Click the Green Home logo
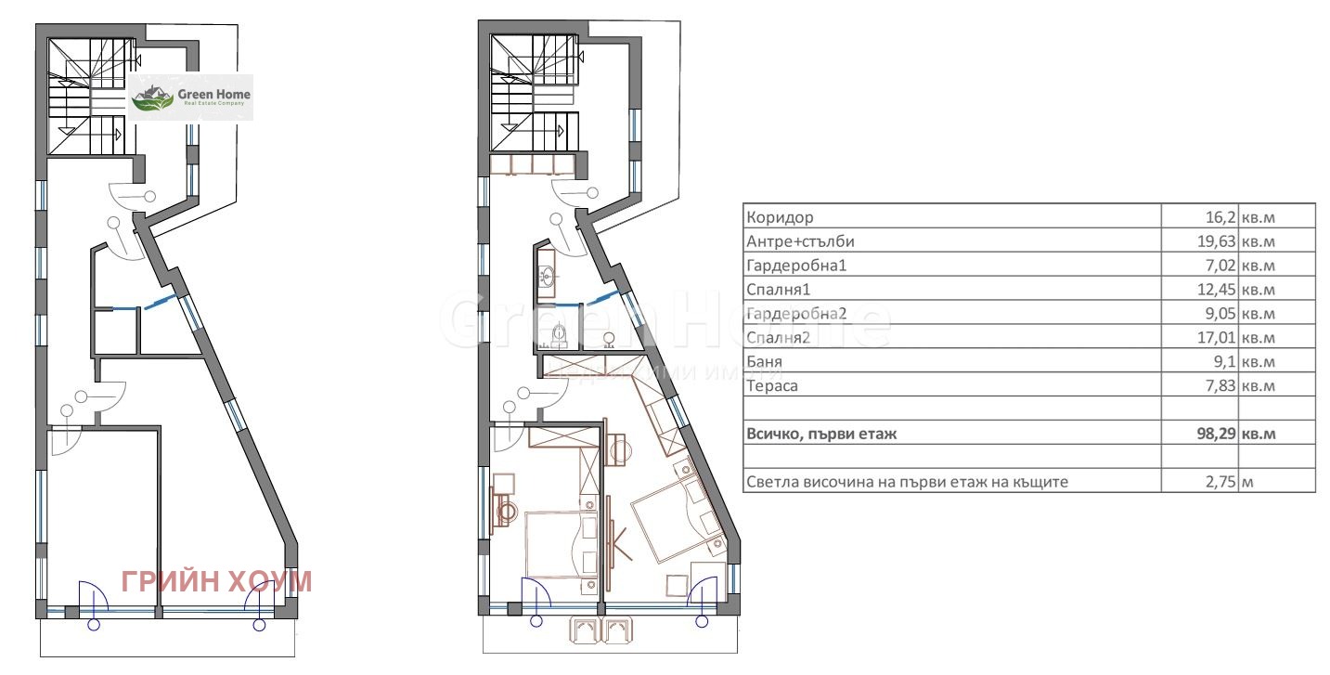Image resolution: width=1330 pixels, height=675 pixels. [190, 97]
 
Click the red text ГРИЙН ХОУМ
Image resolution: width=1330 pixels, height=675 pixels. [217, 581]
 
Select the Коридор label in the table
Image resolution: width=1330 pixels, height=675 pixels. [780, 217]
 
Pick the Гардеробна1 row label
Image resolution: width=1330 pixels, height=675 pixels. [796, 266]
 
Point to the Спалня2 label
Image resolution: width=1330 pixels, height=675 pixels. [778, 338]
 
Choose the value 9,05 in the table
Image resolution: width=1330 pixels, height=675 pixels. [1220, 313]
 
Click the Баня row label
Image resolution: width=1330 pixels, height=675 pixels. [764, 361]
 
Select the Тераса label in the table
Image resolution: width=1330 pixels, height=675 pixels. [772, 385]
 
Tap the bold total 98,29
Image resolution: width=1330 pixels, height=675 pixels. [1216, 434]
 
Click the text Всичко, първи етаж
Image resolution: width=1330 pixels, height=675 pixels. [821, 435]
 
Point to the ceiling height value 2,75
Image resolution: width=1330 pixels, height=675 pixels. [1220, 482]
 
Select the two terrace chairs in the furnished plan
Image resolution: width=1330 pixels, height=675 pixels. [600, 630]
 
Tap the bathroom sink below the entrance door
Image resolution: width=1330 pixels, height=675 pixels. [547, 276]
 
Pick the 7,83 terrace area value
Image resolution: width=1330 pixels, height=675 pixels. [1220, 385]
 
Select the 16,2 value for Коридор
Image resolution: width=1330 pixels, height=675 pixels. [1220, 217]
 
